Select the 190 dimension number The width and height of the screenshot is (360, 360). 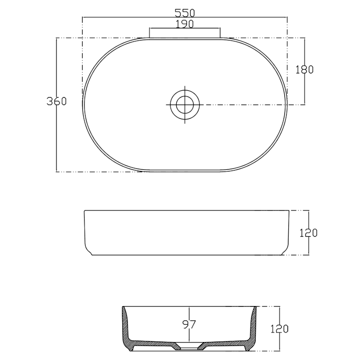coord(184,24)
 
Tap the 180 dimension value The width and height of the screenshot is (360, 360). coord(305,69)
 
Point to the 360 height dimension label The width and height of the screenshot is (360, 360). coord(57,101)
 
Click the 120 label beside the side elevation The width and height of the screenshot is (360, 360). coord(309,233)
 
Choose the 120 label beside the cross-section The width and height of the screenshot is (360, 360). coord(279,329)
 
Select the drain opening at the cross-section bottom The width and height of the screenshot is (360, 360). coord(189,347)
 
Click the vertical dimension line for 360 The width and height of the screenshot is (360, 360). coord(56,135)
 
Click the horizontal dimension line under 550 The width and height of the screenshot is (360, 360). coord(135,18)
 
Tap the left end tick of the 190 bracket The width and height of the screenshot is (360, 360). coord(149,32)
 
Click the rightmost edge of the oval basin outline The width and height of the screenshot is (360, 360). coord(287,104)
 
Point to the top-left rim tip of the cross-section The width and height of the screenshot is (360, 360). coord(123,308)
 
